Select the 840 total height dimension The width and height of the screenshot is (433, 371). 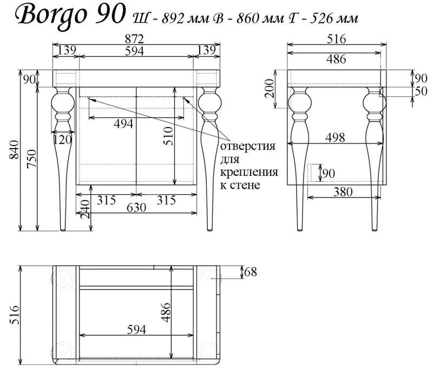[14, 149]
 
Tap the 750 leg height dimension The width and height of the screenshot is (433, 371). [31, 158]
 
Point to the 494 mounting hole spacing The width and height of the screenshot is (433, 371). [123, 123]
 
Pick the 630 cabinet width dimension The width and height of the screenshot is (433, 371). [136, 207]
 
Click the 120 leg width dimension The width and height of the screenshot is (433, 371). [62, 140]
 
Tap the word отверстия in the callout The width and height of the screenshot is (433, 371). [248, 145]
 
